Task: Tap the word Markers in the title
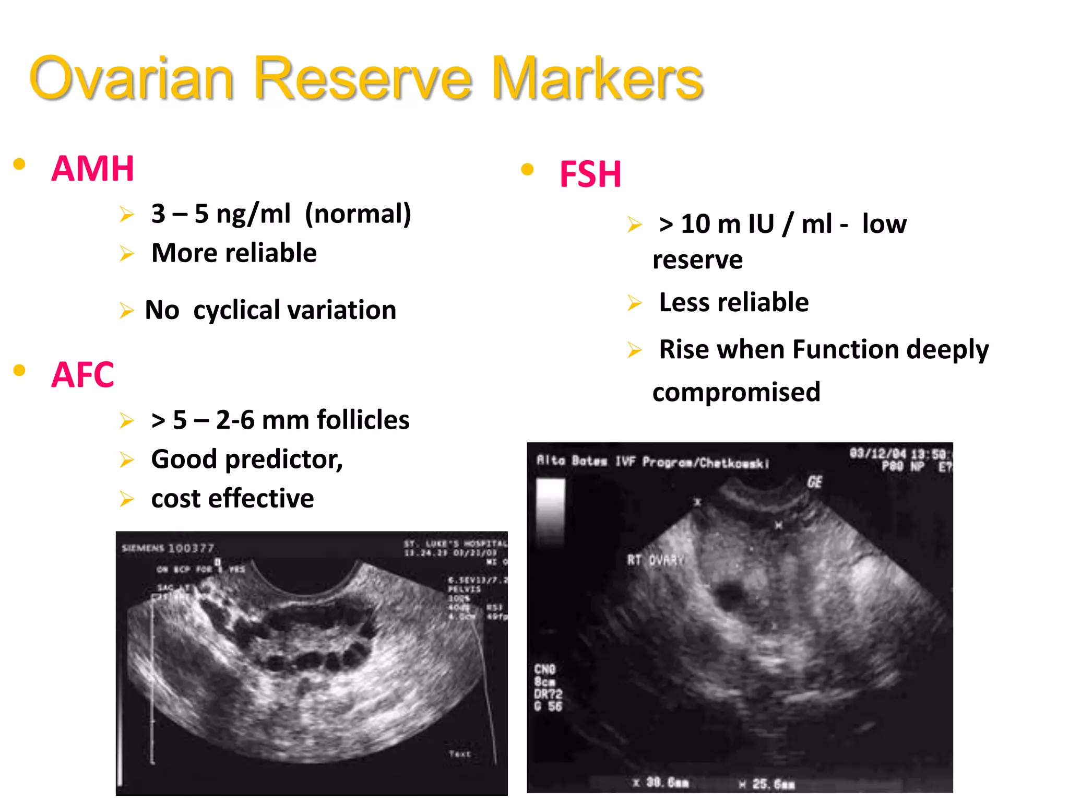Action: tap(597, 78)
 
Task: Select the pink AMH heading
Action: tap(93, 169)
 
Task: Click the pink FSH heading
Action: tap(590, 174)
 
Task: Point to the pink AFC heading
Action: tap(82, 374)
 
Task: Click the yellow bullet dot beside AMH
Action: tap(19, 164)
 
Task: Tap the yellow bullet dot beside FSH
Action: tap(527, 169)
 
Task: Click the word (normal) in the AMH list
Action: tap(358, 214)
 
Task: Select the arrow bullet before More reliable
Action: tap(126, 253)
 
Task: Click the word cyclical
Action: tap(236, 310)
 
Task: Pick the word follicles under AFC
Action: tap(363, 420)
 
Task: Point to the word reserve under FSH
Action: tap(697, 260)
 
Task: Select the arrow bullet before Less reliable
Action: tap(634, 302)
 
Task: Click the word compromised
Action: tap(736, 392)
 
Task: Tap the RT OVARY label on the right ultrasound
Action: tap(656, 561)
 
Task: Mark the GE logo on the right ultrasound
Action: tap(814, 481)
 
